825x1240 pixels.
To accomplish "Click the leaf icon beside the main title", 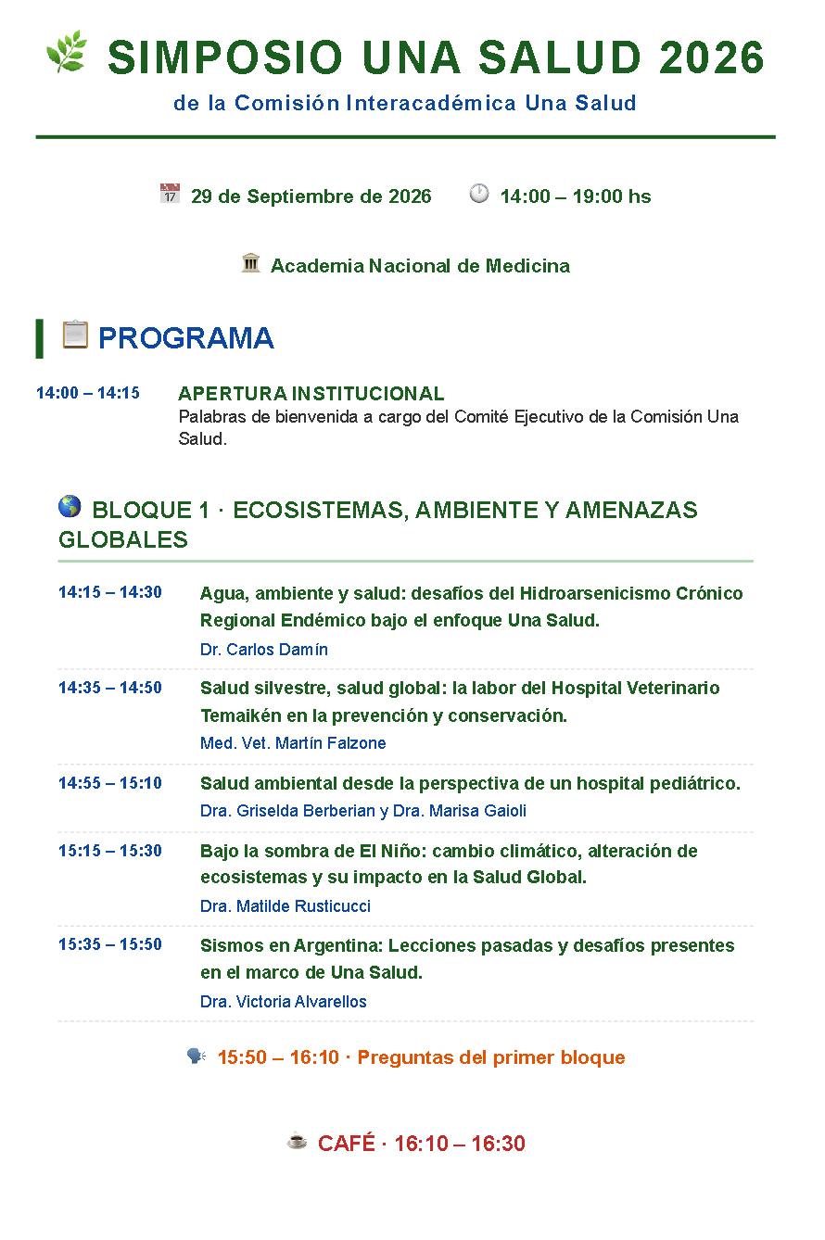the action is [x=67, y=52].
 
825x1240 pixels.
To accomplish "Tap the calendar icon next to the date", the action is [x=170, y=193].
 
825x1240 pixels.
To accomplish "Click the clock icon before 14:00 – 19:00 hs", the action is [x=479, y=193].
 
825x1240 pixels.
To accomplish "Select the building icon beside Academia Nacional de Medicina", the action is [x=251, y=262].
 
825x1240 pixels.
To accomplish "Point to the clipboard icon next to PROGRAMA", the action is [x=75, y=335].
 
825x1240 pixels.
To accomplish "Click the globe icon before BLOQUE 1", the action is [x=70, y=507].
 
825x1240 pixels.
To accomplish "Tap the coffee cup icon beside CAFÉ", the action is [x=297, y=1141].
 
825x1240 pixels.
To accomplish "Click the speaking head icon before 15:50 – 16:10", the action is [x=197, y=1056].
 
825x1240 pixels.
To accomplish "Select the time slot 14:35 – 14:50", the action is [x=110, y=688].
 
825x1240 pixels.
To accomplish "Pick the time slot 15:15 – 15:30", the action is [x=110, y=850].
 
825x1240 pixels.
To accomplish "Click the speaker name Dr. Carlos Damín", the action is [x=264, y=650].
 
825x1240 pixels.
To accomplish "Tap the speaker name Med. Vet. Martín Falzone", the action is [x=293, y=743].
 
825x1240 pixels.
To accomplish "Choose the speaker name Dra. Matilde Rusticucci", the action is [x=286, y=906].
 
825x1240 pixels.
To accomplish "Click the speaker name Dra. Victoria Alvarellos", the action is [x=284, y=1002].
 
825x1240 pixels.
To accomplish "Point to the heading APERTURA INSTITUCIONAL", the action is [x=311, y=394].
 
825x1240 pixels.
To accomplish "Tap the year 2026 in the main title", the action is [x=712, y=57].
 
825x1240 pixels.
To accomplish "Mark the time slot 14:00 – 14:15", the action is [x=88, y=393].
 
